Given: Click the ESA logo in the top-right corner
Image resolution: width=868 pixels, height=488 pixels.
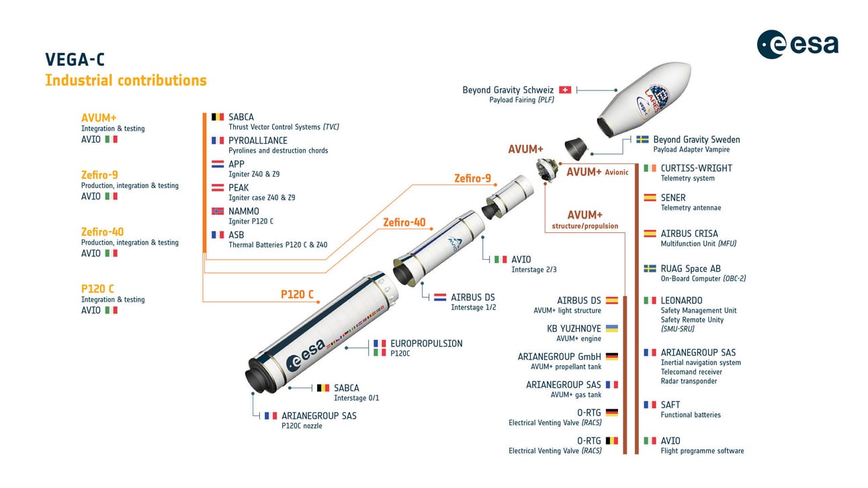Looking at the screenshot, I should [797, 44].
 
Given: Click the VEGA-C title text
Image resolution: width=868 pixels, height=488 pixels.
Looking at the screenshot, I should [75, 60].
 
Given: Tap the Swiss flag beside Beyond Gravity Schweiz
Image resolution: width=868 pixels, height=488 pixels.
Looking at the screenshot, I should [565, 90].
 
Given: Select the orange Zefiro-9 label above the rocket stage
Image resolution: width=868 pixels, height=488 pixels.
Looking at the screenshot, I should [472, 179].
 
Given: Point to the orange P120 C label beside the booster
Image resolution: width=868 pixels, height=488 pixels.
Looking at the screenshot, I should [297, 294].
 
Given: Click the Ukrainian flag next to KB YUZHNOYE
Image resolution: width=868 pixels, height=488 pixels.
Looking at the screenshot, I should [611, 329].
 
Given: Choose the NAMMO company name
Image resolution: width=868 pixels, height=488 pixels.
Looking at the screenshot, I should [243, 211].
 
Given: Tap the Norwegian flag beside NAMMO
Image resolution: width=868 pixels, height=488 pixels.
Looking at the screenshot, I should [218, 211].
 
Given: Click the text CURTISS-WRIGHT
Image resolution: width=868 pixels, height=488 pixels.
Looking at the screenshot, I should [696, 168].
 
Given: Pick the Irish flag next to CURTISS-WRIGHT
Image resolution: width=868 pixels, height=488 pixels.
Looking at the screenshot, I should [650, 168].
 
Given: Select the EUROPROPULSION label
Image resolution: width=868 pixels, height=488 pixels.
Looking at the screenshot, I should [426, 344].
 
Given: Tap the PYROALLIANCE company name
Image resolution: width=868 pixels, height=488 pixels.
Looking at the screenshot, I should [257, 140].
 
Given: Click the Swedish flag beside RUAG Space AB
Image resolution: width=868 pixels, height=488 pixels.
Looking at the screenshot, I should [650, 269].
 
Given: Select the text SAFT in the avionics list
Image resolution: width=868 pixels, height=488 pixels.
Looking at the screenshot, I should [670, 405].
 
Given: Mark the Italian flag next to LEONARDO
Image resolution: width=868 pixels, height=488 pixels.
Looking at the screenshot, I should [650, 301].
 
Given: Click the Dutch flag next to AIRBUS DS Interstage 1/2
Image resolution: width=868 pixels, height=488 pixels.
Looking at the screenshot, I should [440, 297].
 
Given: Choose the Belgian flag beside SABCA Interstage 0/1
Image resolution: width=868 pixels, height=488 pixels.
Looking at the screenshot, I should [323, 388].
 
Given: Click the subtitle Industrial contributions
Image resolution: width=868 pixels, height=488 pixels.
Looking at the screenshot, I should [126, 81].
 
